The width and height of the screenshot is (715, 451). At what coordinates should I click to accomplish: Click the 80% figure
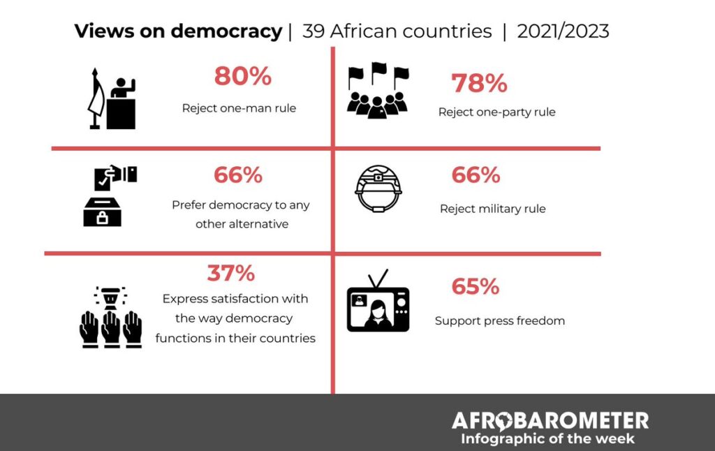242,77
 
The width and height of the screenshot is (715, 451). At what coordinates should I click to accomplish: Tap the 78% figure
479,84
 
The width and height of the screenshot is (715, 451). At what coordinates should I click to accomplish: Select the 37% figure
231,273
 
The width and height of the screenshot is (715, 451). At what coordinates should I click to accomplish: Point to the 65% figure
475,287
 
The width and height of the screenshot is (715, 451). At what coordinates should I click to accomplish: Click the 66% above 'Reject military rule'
476,175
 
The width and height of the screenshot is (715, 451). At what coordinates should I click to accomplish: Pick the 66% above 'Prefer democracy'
238,175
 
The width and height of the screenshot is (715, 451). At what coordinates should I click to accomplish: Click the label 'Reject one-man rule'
239,108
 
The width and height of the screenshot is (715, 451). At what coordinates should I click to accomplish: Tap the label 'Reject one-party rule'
496,112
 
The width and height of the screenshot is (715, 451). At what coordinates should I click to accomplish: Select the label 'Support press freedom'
499,321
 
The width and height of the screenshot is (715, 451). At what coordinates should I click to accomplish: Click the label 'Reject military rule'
492,209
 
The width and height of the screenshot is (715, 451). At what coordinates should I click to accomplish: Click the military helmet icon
378,188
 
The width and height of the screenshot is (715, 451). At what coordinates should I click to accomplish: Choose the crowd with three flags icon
378,91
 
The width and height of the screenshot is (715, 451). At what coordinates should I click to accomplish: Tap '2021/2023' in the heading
563,31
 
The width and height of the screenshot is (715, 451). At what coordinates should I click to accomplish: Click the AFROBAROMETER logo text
550,420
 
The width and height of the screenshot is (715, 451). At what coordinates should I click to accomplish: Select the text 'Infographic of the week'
547,439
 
